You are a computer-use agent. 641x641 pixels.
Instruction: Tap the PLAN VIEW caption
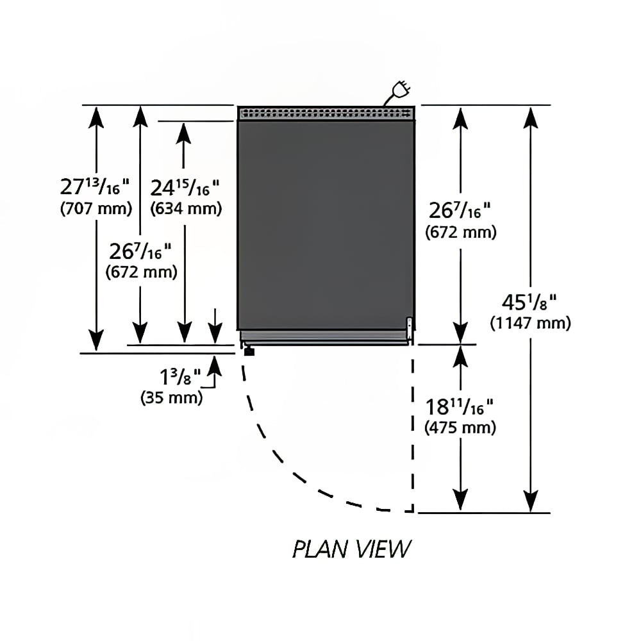[351, 549]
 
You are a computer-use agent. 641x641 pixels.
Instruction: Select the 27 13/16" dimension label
[94, 187]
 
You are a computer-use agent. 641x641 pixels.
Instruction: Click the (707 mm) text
[96, 208]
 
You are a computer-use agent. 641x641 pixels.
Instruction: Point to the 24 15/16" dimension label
[185, 188]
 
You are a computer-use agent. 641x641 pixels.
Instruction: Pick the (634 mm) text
[186, 208]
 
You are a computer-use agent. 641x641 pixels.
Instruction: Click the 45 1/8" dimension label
[529, 302]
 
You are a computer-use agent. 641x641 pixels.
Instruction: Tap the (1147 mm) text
[530, 323]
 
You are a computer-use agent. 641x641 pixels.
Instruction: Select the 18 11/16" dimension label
[459, 407]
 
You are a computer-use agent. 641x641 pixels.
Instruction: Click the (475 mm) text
[460, 428]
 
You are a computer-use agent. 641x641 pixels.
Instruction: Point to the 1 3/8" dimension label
[180, 376]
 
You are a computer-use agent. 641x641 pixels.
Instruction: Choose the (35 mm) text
[172, 397]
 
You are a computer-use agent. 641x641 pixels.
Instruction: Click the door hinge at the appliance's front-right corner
[409, 328]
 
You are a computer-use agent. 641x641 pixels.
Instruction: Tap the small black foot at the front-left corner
[249, 351]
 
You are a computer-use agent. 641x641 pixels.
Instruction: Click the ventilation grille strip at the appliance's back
[326, 113]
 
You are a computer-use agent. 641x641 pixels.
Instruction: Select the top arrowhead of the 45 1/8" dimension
[531, 118]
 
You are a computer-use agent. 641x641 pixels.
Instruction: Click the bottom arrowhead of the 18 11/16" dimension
[461, 499]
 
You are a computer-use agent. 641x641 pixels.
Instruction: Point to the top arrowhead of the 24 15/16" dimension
[183, 133]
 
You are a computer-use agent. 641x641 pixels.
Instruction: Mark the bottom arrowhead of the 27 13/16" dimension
[96, 340]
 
